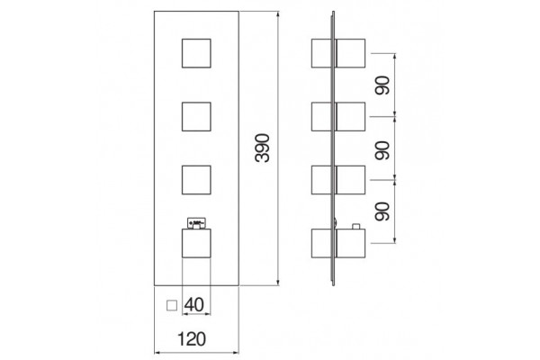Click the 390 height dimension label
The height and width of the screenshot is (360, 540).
point(263,148)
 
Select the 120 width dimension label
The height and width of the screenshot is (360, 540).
point(192,339)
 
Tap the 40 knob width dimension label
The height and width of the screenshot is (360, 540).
point(193,304)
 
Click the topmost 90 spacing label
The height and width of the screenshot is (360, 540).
point(382,85)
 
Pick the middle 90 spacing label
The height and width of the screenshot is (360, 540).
point(382,150)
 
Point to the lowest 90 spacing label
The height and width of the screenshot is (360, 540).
point(382,211)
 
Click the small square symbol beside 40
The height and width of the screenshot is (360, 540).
point(172,306)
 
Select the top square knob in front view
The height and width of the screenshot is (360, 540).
point(196,53)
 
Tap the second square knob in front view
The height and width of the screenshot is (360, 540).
point(196,116)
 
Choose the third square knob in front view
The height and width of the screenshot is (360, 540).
point(196,180)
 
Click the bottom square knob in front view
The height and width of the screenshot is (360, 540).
point(196,243)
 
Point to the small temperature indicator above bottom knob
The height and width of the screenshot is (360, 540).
point(196,222)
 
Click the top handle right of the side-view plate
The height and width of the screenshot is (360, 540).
point(351,53)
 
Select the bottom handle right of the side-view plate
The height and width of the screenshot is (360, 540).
point(351,243)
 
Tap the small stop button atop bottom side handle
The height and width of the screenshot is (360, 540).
point(355,226)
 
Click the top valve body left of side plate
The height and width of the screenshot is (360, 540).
point(321,53)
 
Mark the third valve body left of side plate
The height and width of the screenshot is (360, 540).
point(321,180)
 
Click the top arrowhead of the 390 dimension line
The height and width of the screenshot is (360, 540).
point(278,14)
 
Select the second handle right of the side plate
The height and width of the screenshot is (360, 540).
point(351,116)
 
